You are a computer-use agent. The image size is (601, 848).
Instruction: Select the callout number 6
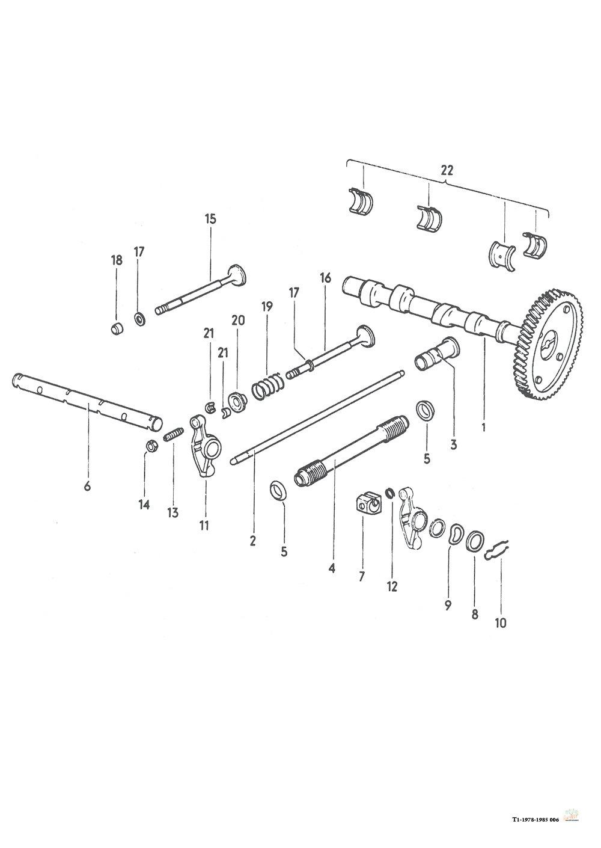(x=87, y=485)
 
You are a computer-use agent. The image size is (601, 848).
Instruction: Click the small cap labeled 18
(x=117, y=329)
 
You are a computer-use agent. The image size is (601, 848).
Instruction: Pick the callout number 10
(x=500, y=623)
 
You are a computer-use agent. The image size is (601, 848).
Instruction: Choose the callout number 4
(x=331, y=567)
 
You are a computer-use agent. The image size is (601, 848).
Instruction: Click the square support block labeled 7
(x=368, y=502)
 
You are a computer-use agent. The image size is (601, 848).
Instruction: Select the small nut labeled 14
(x=152, y=446)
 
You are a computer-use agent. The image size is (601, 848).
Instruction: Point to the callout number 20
(x=238, y=321)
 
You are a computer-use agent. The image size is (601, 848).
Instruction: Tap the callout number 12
(x=392, y=586)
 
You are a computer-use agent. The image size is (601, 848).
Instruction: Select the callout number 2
(x=252, y=541)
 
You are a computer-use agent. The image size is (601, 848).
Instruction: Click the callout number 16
(x=325, y=278)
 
